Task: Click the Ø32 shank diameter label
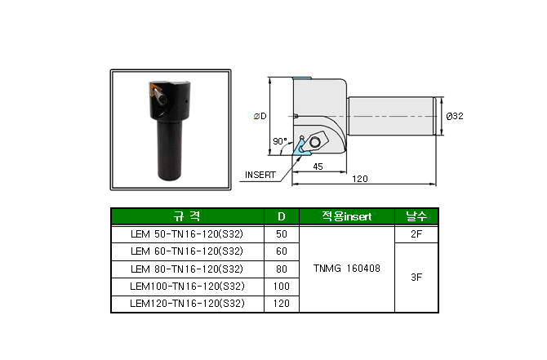pyautogui.click(x=455, y=116)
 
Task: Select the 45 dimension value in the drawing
pyautogui.click(x=318, y=167)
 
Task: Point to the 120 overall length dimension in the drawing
pyautogui.click(x=360, y=179)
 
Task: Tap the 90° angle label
pyautogui.click(x=280, y=141)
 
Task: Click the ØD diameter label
pyautogui.click(x=260, y=116)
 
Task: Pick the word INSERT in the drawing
pyautogui.click(x=260, y=175)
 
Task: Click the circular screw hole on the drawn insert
pyautogui.click(x=314, y=142)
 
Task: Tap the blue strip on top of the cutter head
pyautogui.click(x=302, y=78)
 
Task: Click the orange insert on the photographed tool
pyautogui.click(x=153, y=89)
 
